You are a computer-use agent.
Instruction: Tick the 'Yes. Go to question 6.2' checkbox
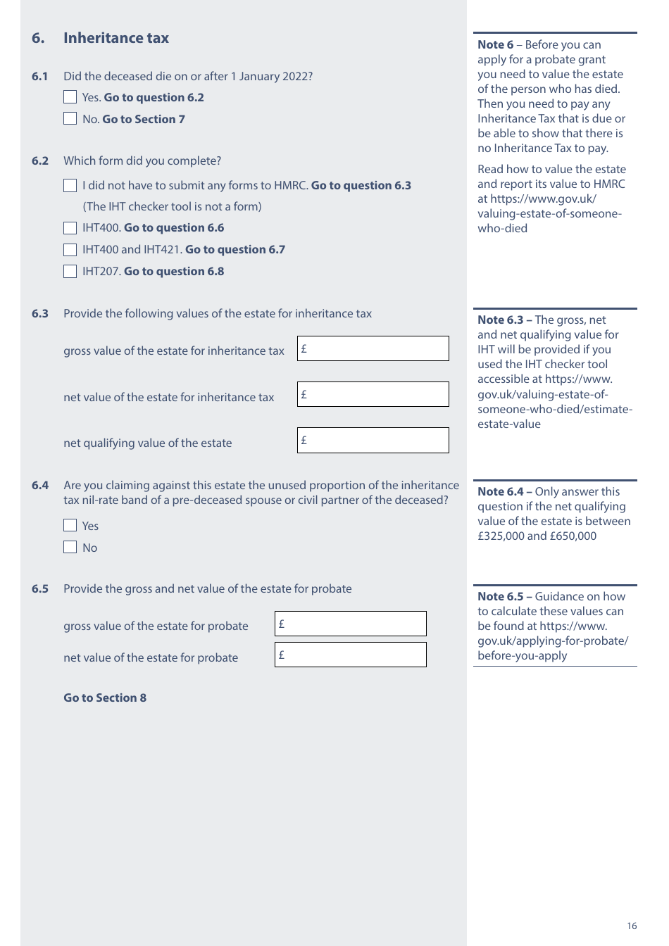(x=70, y=97)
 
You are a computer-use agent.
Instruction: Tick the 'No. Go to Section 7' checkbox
(x=70, y=119)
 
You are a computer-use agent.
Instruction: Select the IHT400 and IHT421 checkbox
(x=70, y=250)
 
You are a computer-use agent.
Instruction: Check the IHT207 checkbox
(x=70, y=272)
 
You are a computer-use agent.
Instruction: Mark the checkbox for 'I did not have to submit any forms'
(x=70, y=186)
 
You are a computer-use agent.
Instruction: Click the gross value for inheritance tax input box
(x=373, y=348)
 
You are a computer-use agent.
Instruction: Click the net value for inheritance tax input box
(x=373, y=394)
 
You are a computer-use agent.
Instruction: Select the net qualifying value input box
(x=373, y=440)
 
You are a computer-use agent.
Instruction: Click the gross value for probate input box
(x=350, y=624)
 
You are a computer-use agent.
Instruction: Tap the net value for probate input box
(x=350, y=655)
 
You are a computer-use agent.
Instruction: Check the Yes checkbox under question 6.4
(x=70, y=526)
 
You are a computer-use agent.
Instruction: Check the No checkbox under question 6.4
(x=70, y=548)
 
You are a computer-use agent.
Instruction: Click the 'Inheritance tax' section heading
(x=116, y=38)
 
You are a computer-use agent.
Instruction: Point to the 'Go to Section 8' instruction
(x=105, y=698)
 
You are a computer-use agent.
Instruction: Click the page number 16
(x=632, y=926)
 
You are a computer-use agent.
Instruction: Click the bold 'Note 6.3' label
(x=500, y=320)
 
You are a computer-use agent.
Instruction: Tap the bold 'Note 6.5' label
(x=500, y=596)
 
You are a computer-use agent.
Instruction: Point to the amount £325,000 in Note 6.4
(x=501, y=536)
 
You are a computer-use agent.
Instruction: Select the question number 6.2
(x=40, y=160)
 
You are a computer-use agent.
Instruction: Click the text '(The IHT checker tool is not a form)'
(x=172, y=206)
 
